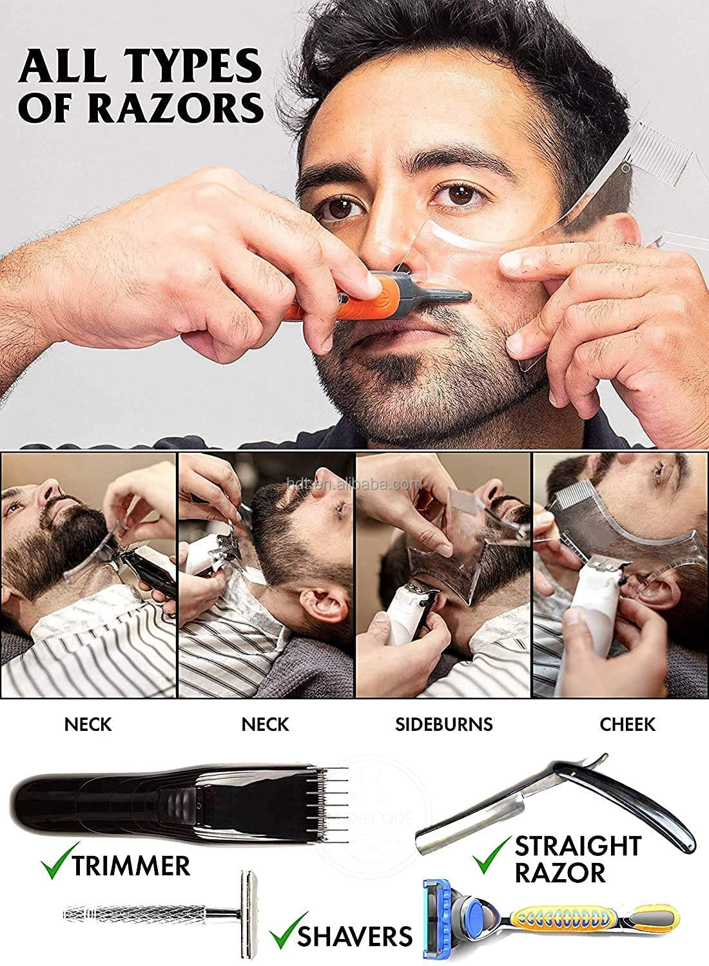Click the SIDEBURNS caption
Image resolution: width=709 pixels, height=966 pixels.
click(443, 724)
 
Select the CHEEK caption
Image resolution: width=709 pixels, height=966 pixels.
click(626, 724)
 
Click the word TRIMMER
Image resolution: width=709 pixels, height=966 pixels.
click(131, 865)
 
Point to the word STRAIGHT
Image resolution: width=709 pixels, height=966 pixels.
click(578, 845)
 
